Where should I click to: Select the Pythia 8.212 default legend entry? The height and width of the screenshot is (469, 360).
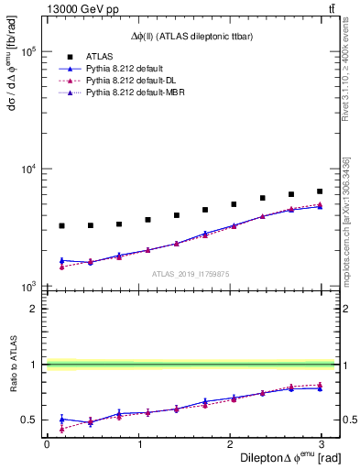[125, 69]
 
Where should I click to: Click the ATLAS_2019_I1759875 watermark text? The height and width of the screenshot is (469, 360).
[191, 274]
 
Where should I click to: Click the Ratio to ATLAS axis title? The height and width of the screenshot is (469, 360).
[13, 377]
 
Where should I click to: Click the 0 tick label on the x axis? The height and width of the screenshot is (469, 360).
[47, 443]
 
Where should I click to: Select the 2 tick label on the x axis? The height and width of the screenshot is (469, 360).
[231, 443]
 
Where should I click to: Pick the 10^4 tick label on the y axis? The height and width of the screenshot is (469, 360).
[27, 169]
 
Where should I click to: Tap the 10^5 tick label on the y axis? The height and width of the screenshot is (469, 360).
[27, 52]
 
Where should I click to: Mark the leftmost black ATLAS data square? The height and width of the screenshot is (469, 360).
[61, 225]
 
